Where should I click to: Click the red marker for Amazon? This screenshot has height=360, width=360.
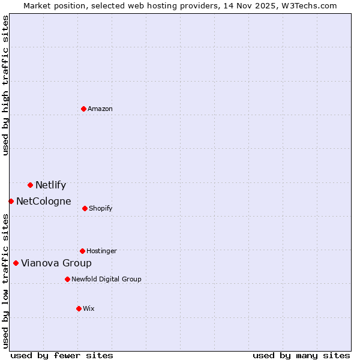(83, 109)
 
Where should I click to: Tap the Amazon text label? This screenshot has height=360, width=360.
(100, 109)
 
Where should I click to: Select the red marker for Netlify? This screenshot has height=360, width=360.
(30, 185)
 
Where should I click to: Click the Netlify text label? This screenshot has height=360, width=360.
(50, 185)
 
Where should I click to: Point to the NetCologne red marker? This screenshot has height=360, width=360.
(11, 201)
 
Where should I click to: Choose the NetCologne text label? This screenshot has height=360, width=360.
(44, 202)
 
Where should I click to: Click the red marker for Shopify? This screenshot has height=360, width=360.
(85, 208)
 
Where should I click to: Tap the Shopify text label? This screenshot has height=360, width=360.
(101, 209)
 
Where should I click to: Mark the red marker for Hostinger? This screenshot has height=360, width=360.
(82, 251)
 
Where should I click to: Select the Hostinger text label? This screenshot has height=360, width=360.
(101, 251)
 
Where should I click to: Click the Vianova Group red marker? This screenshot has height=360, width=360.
(16, 263)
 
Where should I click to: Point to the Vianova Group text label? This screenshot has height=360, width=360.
(56, 263)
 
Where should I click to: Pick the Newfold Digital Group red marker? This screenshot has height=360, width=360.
(67, 279)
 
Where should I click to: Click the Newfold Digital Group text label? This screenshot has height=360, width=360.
(106, 280)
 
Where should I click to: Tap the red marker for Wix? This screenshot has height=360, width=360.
(79, 308)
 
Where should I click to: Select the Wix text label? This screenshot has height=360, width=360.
(89, 309)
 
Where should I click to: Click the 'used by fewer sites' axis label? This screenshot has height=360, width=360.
(62, 356)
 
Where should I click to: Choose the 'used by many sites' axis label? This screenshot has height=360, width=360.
(301, 356)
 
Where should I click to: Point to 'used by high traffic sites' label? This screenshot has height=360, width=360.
(6, 85)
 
